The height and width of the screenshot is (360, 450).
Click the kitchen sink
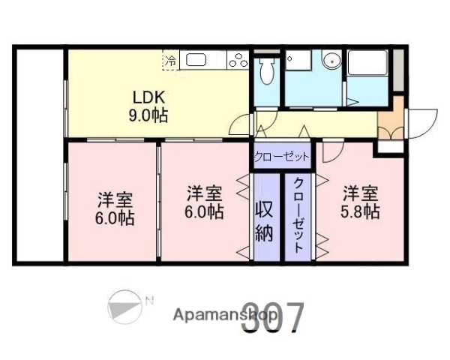[x=196, y=60]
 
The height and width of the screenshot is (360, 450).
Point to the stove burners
[x=238, y=61]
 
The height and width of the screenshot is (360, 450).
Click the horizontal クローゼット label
[x=281, y=156]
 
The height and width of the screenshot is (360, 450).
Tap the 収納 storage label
[x=265, y=220]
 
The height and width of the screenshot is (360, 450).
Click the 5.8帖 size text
[x=361, y=211]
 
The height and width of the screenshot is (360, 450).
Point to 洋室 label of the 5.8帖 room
[x=361, y=193]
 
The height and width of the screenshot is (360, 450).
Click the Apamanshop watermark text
[x=217, y=314]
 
